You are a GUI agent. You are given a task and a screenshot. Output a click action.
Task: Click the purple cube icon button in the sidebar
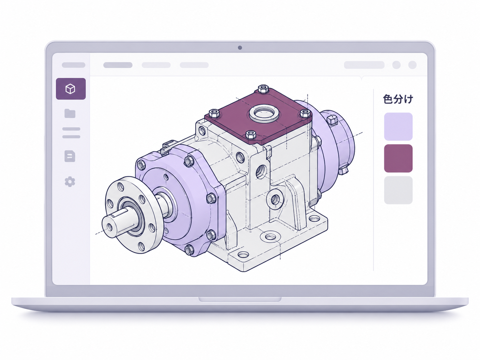point(71,89)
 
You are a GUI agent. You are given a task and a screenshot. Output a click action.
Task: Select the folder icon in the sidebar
point(70,113)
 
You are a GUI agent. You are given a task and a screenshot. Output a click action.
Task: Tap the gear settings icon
point(70,182)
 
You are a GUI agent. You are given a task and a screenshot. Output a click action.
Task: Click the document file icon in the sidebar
point(70,156)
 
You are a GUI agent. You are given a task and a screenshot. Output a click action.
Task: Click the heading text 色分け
point(398,99)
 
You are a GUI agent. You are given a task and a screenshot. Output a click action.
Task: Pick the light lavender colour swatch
point(398,127)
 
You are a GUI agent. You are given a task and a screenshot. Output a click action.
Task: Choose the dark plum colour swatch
point(398,158)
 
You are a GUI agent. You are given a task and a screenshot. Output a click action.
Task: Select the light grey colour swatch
point(398,190)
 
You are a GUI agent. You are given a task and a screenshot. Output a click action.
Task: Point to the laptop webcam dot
point(240,48)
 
